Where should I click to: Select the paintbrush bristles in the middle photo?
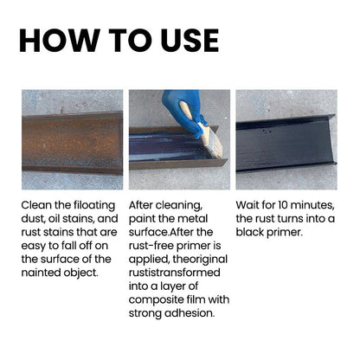click(x=215, y=145)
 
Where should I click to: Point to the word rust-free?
click(x=151, y=246)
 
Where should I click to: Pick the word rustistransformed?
click(x=175, y=273)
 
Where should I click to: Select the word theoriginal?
click(x=200, y=260)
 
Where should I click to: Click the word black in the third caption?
click(x=250, y=232)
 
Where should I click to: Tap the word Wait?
click(x=247, y=205)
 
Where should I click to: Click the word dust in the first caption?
click(x=33, y=219)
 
